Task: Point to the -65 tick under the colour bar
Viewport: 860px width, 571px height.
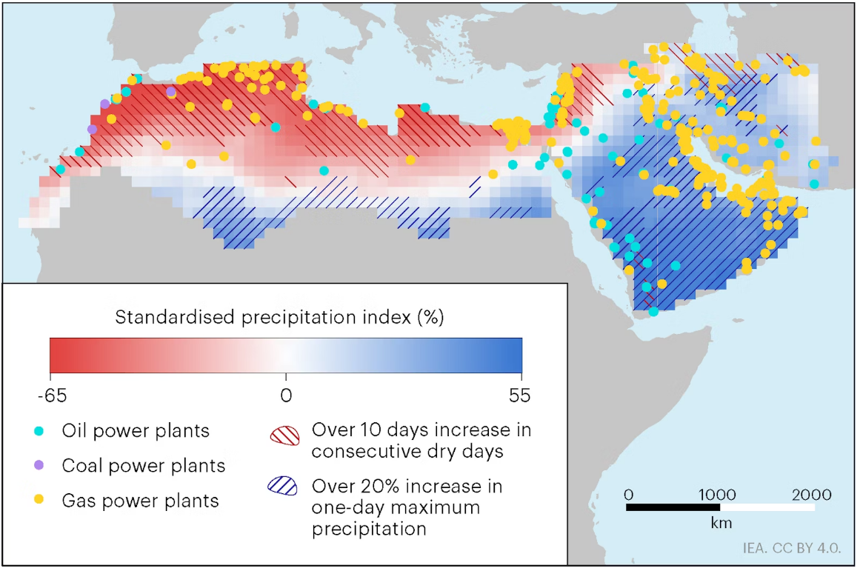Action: (x=50, y=395)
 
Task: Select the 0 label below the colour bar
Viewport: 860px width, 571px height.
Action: (x=286, y=395)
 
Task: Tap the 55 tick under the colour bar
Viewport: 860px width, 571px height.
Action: (x=520, y=395)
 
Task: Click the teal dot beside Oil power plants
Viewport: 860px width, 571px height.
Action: (x=39, y=430)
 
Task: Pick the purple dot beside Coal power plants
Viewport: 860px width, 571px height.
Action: (x=39, y=465)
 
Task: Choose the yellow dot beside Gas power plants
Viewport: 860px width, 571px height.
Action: (x=39, y=500)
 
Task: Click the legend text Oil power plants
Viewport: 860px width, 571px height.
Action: (x=136, y=430)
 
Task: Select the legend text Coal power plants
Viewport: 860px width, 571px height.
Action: (x=144, y=465)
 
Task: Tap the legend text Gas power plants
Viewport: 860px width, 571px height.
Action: (x=141, y=500)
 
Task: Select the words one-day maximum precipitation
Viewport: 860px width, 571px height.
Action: (x=396, y=518)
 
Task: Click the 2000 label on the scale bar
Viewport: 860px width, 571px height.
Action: (x=811, y=495)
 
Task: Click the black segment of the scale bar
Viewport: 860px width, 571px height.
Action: (x=673, y=507)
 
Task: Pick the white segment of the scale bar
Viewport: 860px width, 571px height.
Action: (x=767, y=507)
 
